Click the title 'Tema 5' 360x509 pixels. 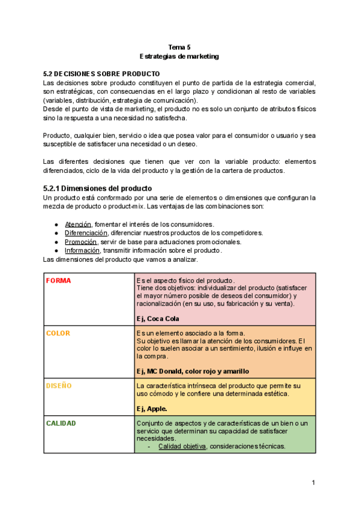coord(179,47)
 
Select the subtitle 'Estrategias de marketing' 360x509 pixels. coord(179,56)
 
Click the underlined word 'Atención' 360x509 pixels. coord(78,224)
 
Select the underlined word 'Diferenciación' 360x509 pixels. coord(86,232)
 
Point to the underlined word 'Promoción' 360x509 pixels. coord(80,241)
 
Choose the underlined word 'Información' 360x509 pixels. coord(83,250)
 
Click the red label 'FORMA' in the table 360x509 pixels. coord(58,280)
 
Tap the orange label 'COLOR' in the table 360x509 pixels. coord(58,333)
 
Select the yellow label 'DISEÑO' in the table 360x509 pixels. coord(59,385)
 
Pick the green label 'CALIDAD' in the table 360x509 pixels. coord(61,423)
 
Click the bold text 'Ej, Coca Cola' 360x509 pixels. coord(158,319)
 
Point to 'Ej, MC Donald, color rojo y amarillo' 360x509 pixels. coord(193,371)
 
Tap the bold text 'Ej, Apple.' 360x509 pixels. coord(152,408)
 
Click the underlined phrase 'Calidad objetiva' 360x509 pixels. coord(182,446)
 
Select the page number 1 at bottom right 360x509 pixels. coord(313,483)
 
